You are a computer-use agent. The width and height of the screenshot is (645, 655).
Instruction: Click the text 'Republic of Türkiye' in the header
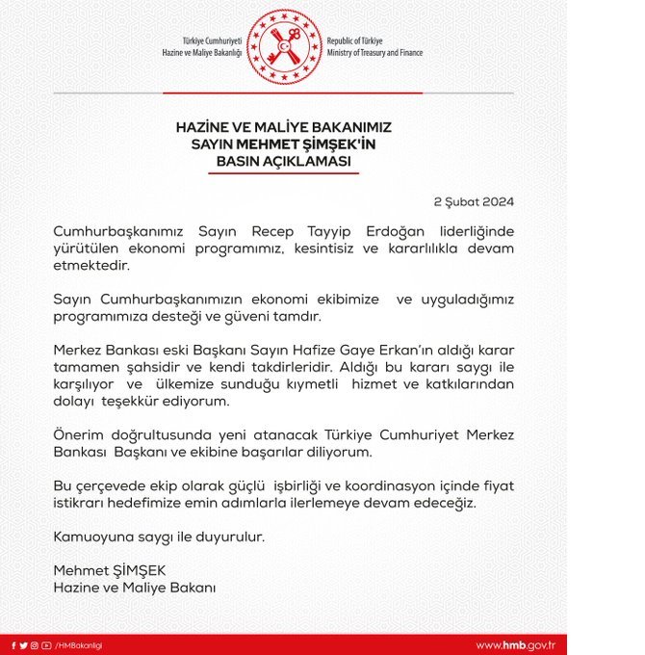click(x=355, y=40)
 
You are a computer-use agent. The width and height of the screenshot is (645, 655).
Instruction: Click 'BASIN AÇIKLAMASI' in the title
click(x=284, y=161)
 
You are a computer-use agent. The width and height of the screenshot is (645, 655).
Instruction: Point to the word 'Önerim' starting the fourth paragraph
click(x=77, y=433)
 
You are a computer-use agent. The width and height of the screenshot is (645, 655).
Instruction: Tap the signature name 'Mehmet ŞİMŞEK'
click(x=102, y=570)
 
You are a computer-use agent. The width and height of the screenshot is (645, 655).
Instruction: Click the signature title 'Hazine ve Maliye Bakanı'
click(x=135, y=587)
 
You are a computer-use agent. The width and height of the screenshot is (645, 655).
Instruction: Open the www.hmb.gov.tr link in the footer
click(x=516, y=644)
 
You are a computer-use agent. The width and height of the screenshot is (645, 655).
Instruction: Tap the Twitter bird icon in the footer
click(x=23, y=644)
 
